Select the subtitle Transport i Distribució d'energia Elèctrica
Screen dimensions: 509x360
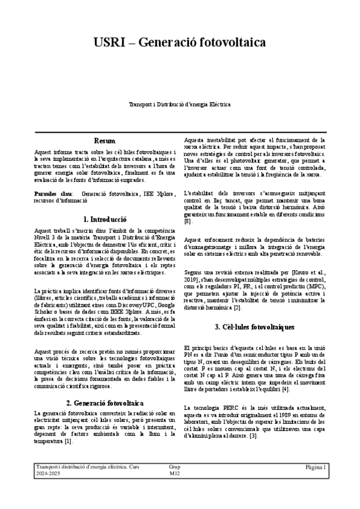(180, 104)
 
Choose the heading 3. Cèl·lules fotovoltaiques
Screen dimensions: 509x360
(254, 327)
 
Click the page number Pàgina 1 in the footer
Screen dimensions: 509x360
(315, 466)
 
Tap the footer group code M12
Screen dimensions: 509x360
(175, 474)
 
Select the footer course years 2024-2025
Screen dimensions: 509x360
(48, 474)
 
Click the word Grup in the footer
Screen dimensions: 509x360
(175, 466)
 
